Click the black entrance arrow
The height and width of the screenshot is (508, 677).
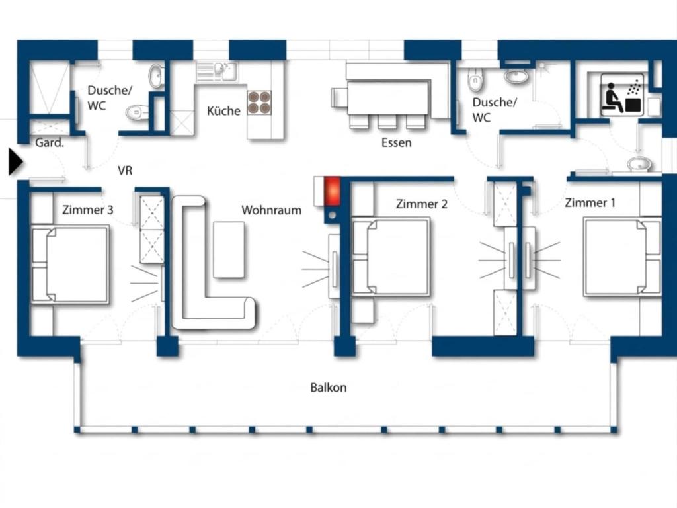pyautogui.click(x=15, y=162)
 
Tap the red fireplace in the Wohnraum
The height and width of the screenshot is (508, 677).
pyautogui.click(x=333, y=191)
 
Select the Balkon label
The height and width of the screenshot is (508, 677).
pyautogui.click(x=328, y=388)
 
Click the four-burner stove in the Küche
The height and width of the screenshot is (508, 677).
pyautogui.click(x=259, y=103)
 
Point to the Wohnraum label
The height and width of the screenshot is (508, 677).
pyautogui.click(x=271, y=210)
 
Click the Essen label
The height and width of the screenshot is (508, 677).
pyautogui.click(x=397, y=143)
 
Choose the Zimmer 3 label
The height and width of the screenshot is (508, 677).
pyautogui.click(x=88, y=210)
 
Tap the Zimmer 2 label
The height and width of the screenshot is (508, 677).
pyautogui.click(x=421, y=204)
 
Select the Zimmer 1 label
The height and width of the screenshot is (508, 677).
pyautogui.click(x=590, y=202)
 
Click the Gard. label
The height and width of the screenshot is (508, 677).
pyautogui.click(x=49, y=143)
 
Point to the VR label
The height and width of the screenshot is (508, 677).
pyautogui.click(x=125, y=171)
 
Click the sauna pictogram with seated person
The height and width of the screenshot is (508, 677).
pyautogui.click(x=622, y=95)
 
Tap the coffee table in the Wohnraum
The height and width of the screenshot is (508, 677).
pyautogui.click(x=229, y=249)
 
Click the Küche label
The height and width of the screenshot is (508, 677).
pyautogui.click(x=223, y=111)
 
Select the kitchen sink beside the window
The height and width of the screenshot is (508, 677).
pyautogui.click(x=217, y=71)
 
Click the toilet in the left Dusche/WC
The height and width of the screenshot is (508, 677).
pyautogui.click(x=137, y=113)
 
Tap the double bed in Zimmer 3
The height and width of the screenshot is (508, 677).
pyautogui.click(x=70, y=264)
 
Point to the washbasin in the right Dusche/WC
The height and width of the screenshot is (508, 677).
pyautogui.click(x=516, y=76)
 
